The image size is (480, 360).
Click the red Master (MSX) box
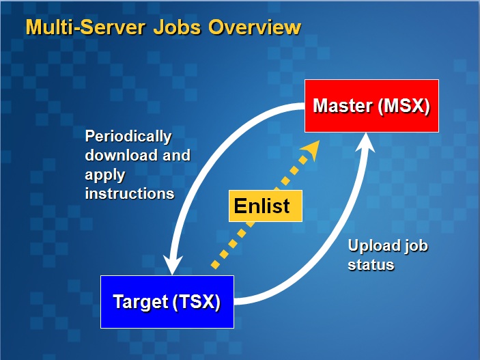(x=371, y=106)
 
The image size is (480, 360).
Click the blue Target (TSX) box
(x=167, y=302)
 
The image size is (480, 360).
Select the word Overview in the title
(x=255, y=27)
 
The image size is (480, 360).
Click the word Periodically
(x=128, y=136)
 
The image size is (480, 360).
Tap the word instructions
(x=130, y=193)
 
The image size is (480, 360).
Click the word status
(x=371, y=264)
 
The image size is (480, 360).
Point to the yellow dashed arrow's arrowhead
(x=311, y=150)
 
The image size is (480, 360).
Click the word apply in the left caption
(x=104, y=174)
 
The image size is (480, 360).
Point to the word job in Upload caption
(x=417, y=245)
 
